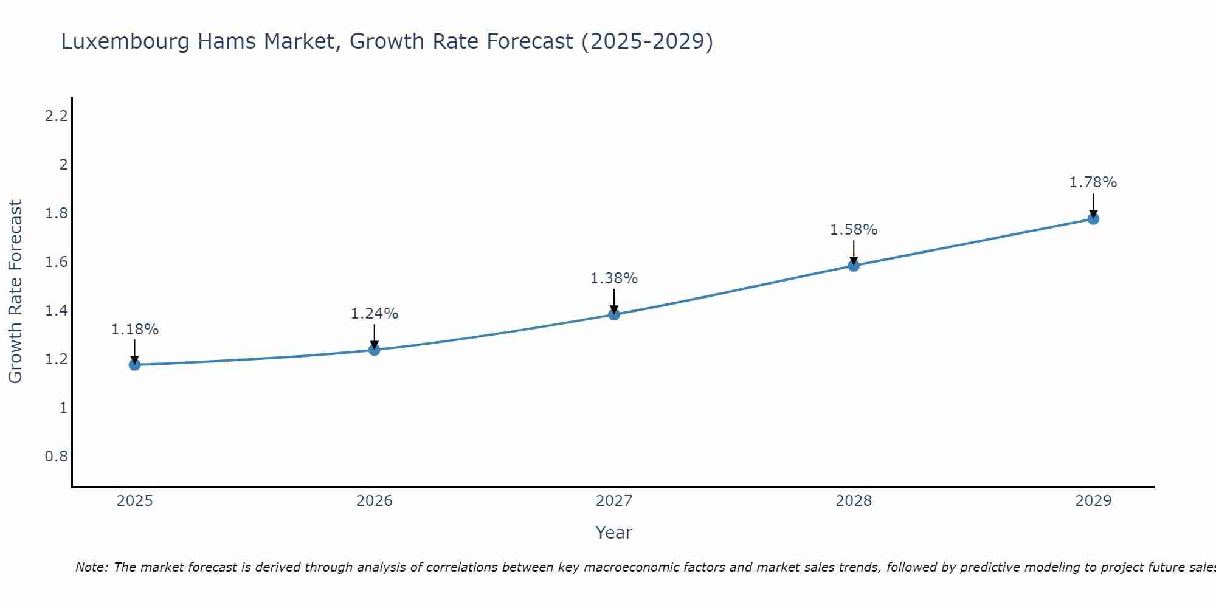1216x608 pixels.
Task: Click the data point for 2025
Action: click(134, 365)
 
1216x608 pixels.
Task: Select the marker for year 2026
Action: click(375, 350)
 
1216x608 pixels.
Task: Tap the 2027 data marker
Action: click(614, 314)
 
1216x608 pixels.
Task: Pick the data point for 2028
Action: click(854, 266)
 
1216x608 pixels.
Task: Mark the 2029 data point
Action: click(1093, 219)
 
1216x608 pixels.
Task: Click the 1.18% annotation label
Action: click(134, 330)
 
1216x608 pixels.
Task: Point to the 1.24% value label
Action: click(375, 314)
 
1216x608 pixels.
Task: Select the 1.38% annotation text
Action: click(614, 278)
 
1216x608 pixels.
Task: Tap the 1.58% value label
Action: click(854, 230)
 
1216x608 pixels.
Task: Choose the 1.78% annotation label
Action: click(1093, 182)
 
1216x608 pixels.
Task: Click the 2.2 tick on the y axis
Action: click(56, 116)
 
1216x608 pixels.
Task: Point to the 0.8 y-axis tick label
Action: click(56, 457)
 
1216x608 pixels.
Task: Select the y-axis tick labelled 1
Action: click(63, 408)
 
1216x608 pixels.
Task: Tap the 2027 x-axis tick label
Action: click(614, 501)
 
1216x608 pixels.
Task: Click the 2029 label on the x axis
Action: click(1093, 501)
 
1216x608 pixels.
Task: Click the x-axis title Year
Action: click(614, 533)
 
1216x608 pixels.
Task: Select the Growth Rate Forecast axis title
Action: click(15, 292)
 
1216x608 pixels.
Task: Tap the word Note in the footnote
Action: click(91, 567)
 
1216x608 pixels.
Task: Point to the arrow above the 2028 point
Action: click(854, 252)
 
